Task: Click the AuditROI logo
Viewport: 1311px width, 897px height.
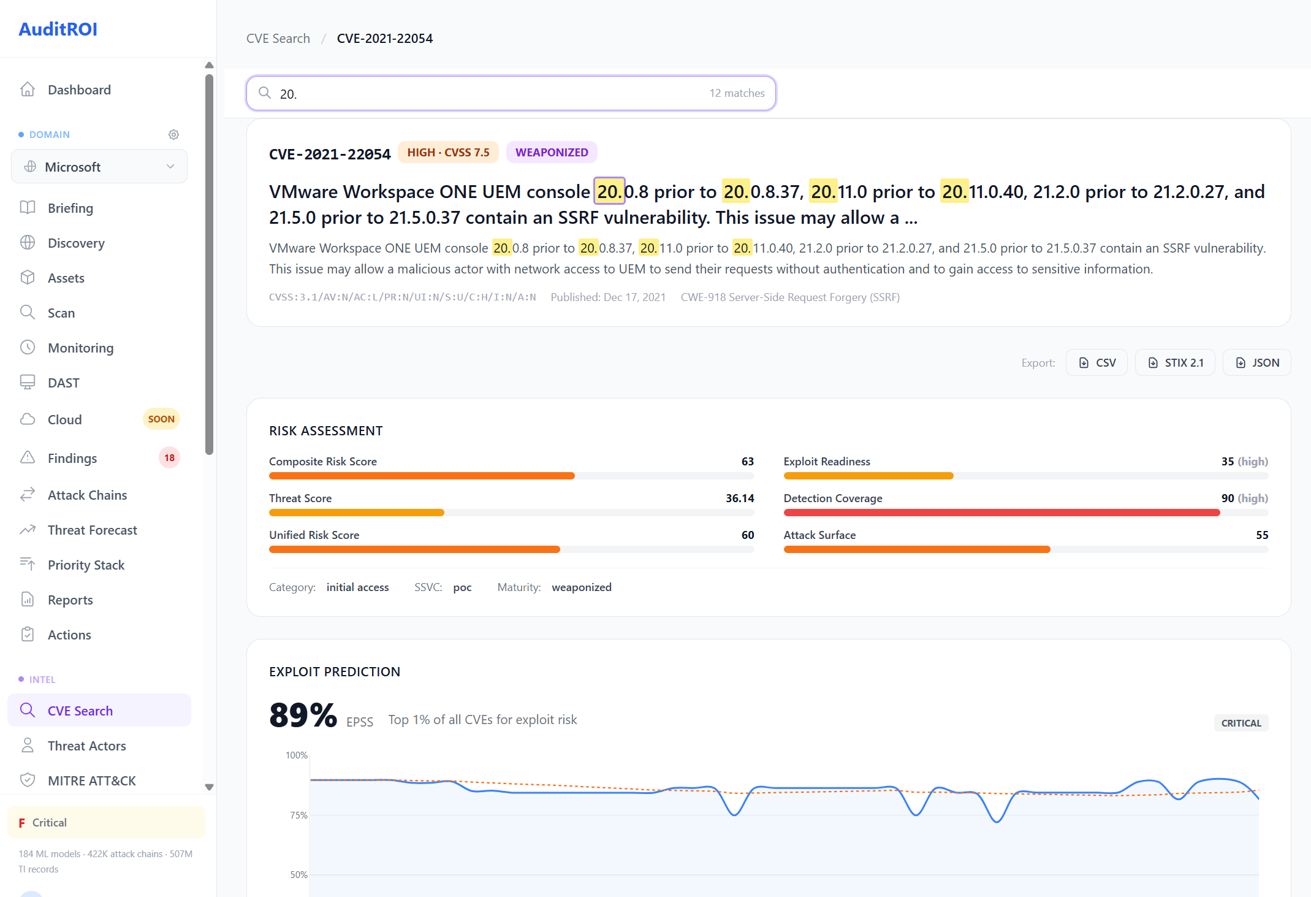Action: click(58, 29)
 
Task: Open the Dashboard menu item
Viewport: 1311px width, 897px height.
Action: click(79, 90)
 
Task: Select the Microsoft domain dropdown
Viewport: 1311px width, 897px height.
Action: click(99, 166)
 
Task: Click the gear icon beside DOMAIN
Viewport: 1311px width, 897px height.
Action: click(173, 134)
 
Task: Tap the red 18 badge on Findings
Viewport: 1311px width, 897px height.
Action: click(169, 458)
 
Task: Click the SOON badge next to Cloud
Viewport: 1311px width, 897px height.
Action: click(161, 419)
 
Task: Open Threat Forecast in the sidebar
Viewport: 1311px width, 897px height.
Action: click(92, 530)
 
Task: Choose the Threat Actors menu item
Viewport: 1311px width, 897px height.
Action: click(86, 746)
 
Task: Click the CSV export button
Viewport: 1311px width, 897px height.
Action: click(1096, 362)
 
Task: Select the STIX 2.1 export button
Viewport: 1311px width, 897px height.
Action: click(1175, 362)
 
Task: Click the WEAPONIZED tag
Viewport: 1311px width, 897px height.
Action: click(551, 152)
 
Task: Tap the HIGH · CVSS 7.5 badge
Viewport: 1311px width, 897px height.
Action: click(448, 152)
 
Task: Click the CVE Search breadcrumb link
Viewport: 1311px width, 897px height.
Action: click(278, 38)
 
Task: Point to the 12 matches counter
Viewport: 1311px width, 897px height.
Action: click(737, 93)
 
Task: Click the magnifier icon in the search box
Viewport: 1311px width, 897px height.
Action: click(265, 93)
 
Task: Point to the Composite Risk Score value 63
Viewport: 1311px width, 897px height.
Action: click(747, 461)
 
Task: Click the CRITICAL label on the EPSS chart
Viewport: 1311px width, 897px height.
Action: click(1241, 723)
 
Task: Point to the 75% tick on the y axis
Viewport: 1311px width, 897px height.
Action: click(298, 815)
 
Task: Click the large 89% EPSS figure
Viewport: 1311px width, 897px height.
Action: click(303, 716)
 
